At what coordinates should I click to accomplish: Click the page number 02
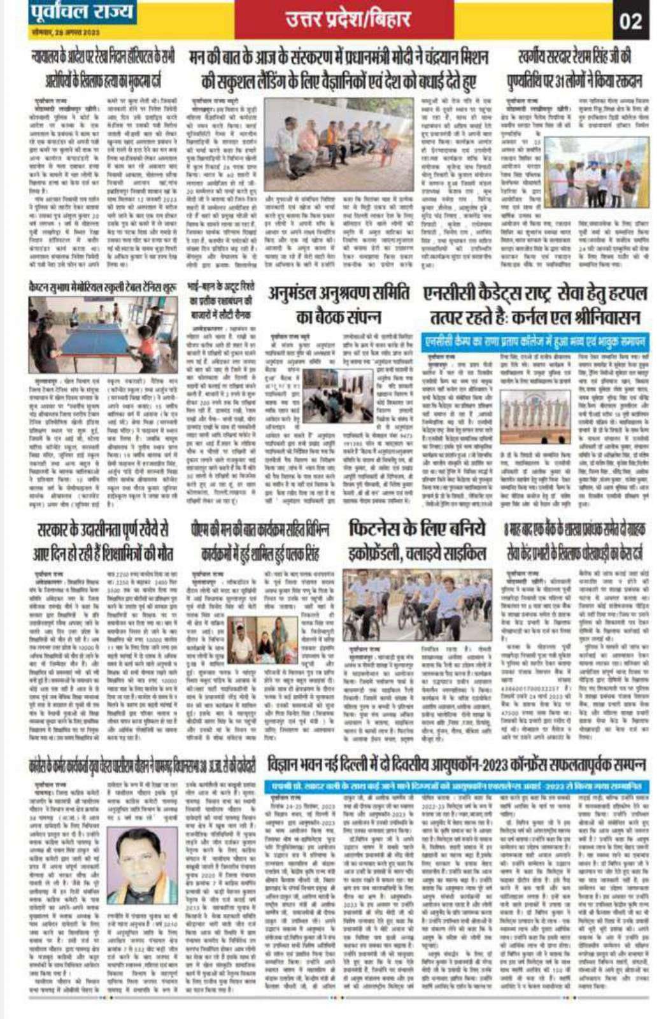(x=630, y=20)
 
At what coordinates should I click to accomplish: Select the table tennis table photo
(x=94, y=325)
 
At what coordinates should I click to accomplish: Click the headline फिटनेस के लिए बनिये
(x=417, y=529)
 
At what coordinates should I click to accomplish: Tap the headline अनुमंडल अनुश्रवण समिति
(x=339, y=294)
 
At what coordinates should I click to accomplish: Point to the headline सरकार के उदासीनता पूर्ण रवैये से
(x=103, y=540)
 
